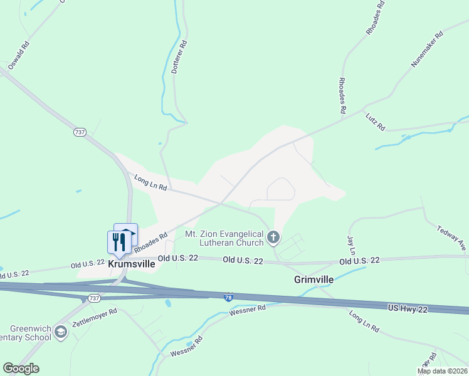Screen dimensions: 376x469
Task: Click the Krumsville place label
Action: (132, 264)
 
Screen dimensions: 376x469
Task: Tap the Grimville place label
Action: (314, 279)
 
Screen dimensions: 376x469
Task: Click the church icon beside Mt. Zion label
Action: (273, 238)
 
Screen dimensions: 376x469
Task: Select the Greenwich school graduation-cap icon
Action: (61, 332)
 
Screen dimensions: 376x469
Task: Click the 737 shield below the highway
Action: (94, 298)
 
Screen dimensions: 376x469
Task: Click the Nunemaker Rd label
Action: (427, 48)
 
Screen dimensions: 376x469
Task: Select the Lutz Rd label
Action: (376, 118)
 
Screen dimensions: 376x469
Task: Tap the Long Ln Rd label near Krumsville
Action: (150, 183)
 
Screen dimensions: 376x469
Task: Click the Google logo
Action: (21, 368)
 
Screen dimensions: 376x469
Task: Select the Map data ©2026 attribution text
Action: (442, 371)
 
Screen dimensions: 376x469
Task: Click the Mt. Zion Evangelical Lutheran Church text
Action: (224, 238)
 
